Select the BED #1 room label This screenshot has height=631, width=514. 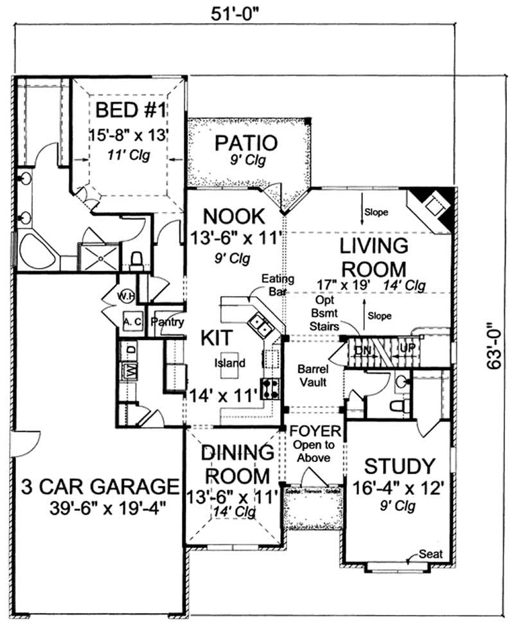(x=131, y=111)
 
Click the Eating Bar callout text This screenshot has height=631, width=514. (x=277, y=285)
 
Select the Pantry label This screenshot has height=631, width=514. (x=167, y=323)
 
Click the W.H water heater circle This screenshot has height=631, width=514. (x=126, y=296)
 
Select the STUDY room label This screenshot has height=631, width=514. (x=400, y=465)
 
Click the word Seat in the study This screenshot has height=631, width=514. (x=429, y=553)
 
